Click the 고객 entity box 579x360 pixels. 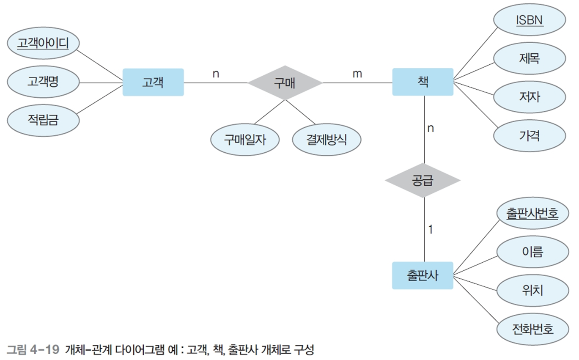point(153,82)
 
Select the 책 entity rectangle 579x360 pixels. point(423,82)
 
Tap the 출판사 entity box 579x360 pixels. point(423,275)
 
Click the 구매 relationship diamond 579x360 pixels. point(285,82)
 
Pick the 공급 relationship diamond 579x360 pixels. point(423,181)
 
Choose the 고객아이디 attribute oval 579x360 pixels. point(43,43)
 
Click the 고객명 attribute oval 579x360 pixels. point(43,82)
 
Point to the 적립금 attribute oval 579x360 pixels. point(43,121)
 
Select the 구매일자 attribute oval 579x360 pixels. point(245,140)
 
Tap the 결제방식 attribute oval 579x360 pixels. point(327,140)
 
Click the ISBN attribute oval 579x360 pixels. point(530,20)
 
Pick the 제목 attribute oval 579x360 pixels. point(530,58)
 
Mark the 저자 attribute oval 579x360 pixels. point(530,97)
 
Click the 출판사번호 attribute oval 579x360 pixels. point(532,214)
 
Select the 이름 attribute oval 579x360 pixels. point(532,253)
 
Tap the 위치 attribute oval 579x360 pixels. point(532,291)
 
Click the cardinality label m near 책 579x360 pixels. point(357,74)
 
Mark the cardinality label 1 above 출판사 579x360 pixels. point(430,230)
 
